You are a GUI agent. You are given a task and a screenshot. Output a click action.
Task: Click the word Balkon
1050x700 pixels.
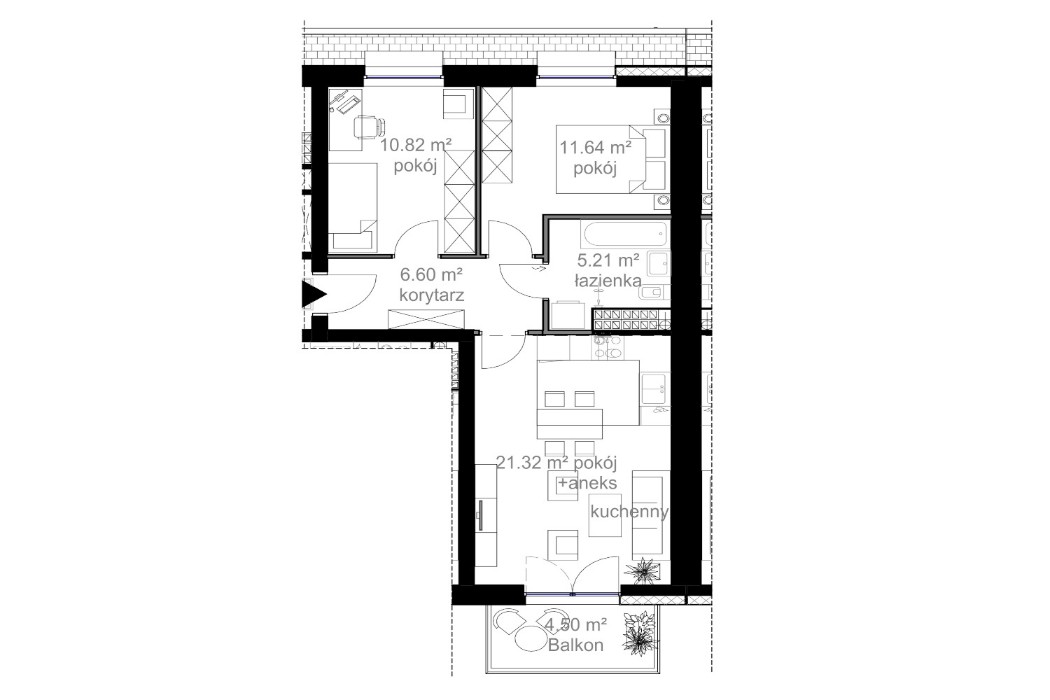pyautogui.click(x=576, y=645)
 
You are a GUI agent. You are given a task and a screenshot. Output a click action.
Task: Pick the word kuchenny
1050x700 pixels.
pyautogui.click(x=629, y=512)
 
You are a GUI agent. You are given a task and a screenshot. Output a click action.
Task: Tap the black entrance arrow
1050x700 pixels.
pyautogui.click(x=316, y=296)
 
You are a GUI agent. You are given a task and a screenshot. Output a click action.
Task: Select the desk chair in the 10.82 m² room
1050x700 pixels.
pyautogui.click(x=367, y=127)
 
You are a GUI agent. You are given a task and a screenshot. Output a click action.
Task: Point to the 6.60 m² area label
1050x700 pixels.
pyautogui.click(x=430, y=274)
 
